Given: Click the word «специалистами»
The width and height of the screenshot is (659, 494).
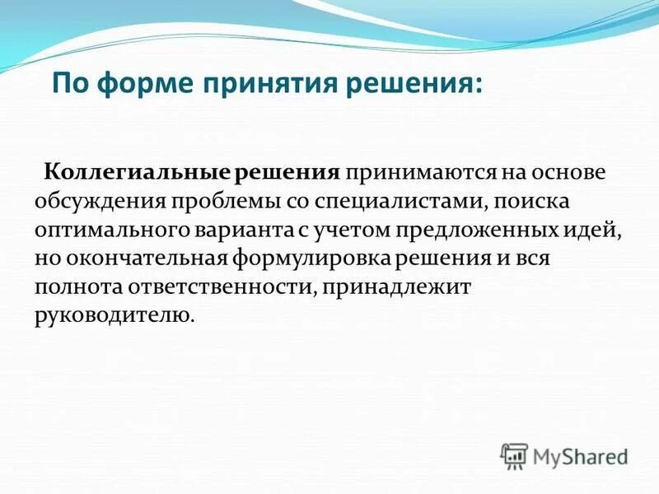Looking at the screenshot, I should point(395,202).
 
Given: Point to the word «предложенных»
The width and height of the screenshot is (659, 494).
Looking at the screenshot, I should point(479,230).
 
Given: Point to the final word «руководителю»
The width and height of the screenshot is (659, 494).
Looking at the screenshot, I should point(115,315).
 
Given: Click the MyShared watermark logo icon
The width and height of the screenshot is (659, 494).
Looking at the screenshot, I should point(514,455).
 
